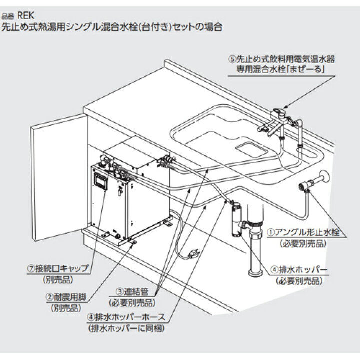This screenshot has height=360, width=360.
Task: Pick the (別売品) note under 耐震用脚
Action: [62, 307]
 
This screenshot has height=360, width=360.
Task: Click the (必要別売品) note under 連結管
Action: [130, 303]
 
